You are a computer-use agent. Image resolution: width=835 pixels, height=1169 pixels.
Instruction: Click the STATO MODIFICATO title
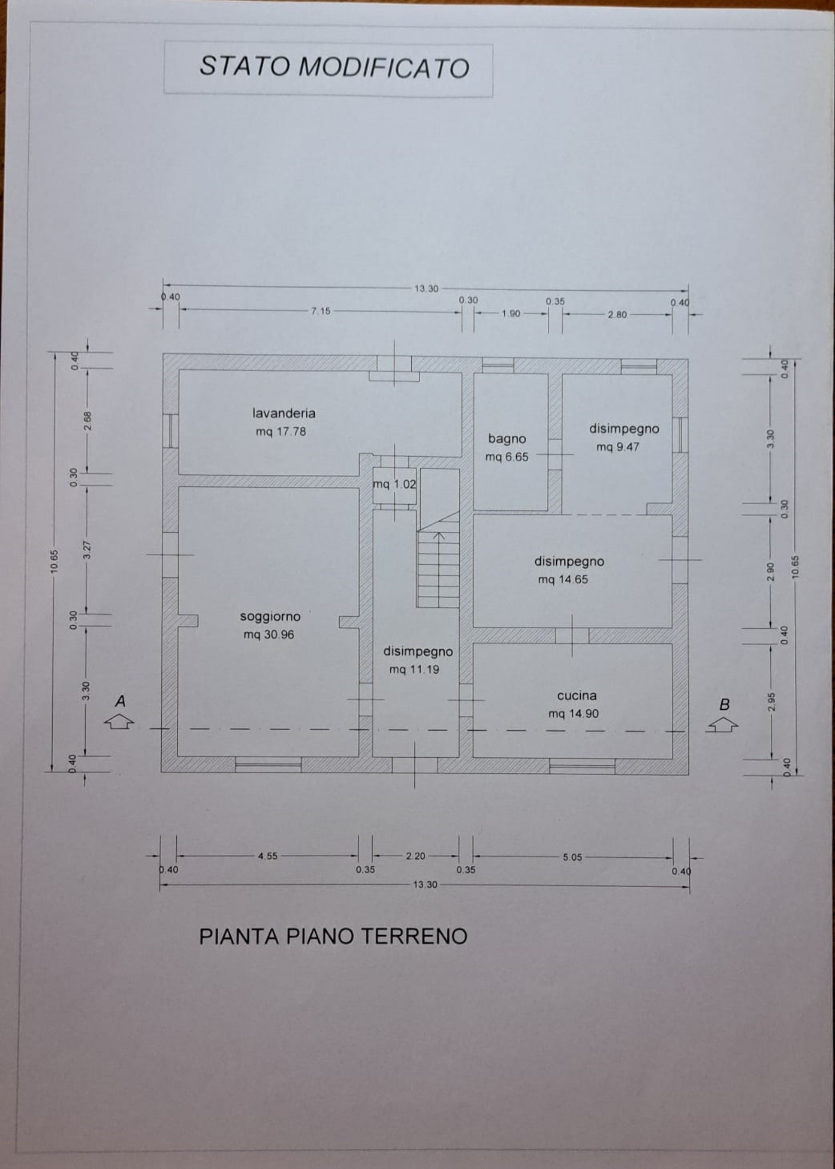pyautogui.click(x=334, y=67)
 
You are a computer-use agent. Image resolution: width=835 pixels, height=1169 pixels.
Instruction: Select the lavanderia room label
pyautogui.click(x=284, y=413)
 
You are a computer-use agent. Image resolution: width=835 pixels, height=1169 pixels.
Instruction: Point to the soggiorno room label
pyautogui.click(x=270, y=616)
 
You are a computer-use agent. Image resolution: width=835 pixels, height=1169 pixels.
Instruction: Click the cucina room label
pyautogui.click(x=577, y=695)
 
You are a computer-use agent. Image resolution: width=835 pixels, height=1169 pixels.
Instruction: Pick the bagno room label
pyautogui.click(x=507, y=439)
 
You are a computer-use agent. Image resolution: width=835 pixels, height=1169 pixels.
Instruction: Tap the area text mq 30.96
pyautogui.click(x=269, y=635)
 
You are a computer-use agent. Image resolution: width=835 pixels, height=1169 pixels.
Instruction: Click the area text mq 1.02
pyautogui.click(x=395, y=484)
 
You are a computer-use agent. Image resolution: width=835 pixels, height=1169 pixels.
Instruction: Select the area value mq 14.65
pyautogui.click(x=563, y=579)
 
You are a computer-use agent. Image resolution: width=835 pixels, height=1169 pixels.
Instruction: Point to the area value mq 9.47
pyautogui.click(x=617, y=447)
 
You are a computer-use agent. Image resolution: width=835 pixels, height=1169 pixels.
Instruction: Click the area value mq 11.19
pyautogui.click(x=414, y=670)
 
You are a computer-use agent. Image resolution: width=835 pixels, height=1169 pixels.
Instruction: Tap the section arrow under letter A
pyautogui.click(x=120, y=722)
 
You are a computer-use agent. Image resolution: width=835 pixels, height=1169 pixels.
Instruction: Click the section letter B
pyautogui.click(x=724, y=705)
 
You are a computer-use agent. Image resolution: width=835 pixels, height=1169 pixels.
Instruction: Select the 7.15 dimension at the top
pyautogui.click(x=321, y=311)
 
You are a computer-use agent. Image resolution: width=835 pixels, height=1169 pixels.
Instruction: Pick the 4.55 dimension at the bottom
pyautogui.click(x=268, y=856)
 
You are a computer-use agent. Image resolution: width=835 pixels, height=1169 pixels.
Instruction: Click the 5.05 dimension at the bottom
pyautogui.click(x=572, y=857)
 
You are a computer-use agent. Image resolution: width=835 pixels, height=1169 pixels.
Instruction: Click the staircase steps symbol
pyautogui.click(x=439, y=559)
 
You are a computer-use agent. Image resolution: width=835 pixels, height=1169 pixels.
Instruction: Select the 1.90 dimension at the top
pyautogui.click(x=511, y=314)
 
